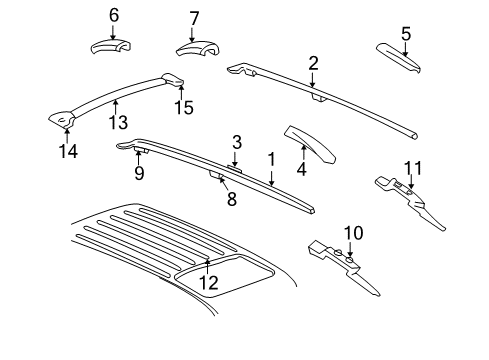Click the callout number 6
(x=113, y=15)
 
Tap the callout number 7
(x=194, y=17)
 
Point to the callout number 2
(x=313, y=63)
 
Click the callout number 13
(x=118, y=121)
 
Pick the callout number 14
(x=66, y=152)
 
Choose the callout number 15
(x=181, y=106)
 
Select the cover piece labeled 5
(x=400, y=57)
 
